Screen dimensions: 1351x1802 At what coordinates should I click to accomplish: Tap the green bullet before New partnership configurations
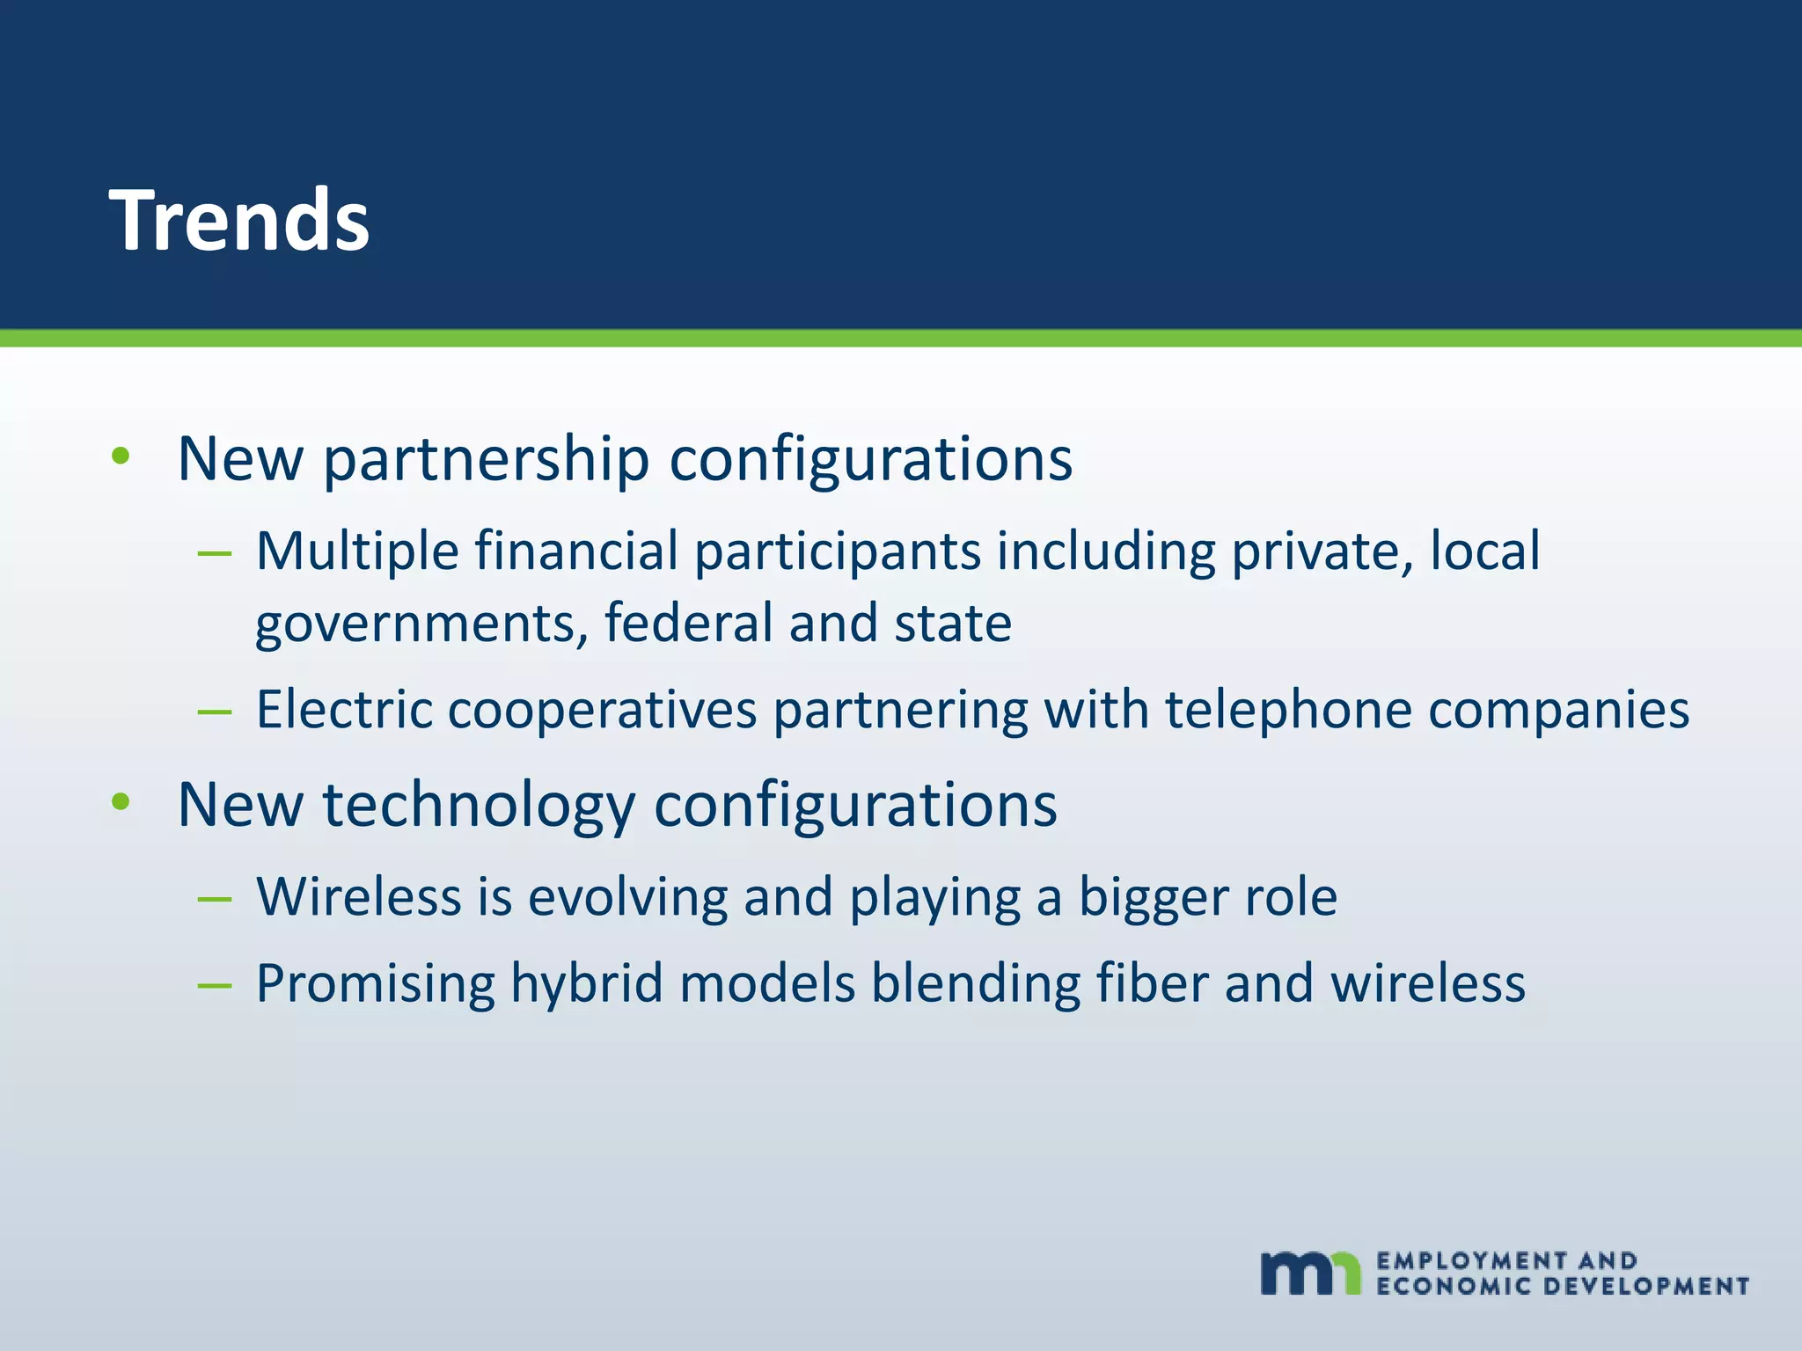pos(121,456)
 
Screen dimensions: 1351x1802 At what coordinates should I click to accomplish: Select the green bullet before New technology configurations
pos(121,801)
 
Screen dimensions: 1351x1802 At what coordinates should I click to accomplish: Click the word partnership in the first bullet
pos(486,460)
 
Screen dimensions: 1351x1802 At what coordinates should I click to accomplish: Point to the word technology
pos(479,806)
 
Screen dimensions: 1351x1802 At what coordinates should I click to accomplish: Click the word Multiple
pos(357,552)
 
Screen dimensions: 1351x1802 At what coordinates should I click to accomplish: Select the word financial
pos(576,552)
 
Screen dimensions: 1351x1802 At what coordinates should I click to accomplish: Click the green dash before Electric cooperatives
pos(215,711)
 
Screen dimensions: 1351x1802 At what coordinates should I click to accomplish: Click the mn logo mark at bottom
pos(1309,1272)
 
